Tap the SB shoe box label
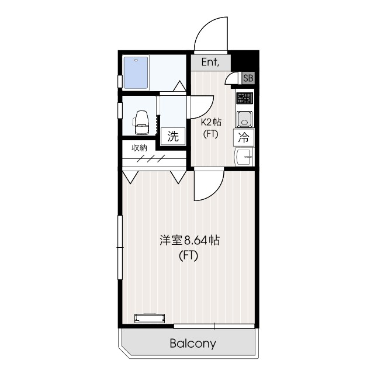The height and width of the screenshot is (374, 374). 248,77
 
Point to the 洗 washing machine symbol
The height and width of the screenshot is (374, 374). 173,137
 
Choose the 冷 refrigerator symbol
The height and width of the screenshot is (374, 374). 244,138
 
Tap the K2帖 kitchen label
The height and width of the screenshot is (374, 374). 211,122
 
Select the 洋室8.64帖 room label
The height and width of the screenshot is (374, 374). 190,240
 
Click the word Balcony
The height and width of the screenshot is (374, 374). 193,344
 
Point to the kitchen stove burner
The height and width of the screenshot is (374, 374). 244,98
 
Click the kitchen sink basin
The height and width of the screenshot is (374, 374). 244,118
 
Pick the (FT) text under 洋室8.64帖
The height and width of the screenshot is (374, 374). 189,255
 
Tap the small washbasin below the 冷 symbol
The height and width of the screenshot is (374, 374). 244,157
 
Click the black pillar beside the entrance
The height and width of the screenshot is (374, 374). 245,59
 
